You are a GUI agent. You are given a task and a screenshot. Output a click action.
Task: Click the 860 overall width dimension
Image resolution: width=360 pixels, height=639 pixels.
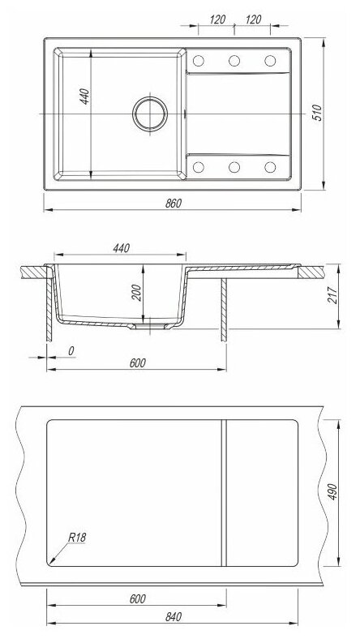(174, 204)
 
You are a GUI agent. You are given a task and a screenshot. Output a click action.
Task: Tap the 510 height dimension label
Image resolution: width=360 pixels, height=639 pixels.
(318, 113)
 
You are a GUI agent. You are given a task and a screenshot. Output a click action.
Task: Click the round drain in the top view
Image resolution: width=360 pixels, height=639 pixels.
(150, 114)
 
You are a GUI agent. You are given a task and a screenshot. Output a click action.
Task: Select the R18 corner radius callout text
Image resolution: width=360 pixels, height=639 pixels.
(77, 537)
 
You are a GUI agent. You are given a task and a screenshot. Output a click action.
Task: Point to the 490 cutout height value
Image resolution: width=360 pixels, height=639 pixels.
(332, 492)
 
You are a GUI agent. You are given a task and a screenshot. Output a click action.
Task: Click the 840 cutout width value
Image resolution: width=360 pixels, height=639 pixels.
(174, 617)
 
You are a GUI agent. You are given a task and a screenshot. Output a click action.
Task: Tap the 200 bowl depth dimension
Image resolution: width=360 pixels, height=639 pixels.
(136, 293)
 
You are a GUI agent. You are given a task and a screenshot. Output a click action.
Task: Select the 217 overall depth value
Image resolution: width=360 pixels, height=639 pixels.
(332, 295)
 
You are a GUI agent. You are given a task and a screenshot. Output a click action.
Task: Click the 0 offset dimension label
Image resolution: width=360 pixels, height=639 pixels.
(71, 351)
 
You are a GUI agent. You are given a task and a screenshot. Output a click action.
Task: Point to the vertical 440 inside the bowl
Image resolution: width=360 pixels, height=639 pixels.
(84, 96)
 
